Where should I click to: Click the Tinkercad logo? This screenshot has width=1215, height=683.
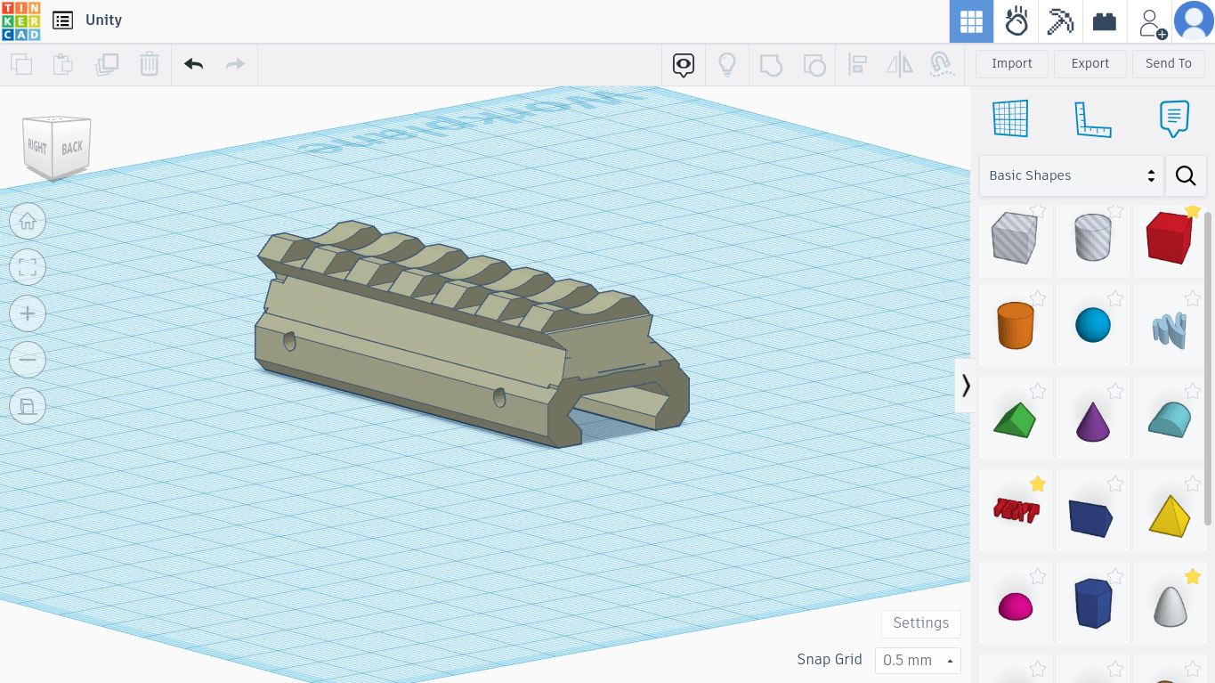20,20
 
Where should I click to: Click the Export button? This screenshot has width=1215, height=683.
1089,63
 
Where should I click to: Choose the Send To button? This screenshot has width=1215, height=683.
1168,63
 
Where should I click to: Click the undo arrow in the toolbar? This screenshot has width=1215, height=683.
193,64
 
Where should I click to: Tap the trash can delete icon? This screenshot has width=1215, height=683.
149,64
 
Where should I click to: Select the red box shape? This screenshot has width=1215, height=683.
1169,239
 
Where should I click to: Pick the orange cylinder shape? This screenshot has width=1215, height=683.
1015,325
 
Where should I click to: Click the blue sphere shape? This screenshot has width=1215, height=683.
1092,325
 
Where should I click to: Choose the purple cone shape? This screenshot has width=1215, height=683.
1092,420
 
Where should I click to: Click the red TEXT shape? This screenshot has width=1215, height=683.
1015,511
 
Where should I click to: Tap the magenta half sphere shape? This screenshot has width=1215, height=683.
1015,606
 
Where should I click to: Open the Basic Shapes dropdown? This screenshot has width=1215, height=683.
1071,175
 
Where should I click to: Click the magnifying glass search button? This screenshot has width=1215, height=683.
1185,175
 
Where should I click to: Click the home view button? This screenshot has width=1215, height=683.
28,221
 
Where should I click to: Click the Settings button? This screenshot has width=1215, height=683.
920,622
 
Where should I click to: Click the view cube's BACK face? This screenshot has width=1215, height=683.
72,147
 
